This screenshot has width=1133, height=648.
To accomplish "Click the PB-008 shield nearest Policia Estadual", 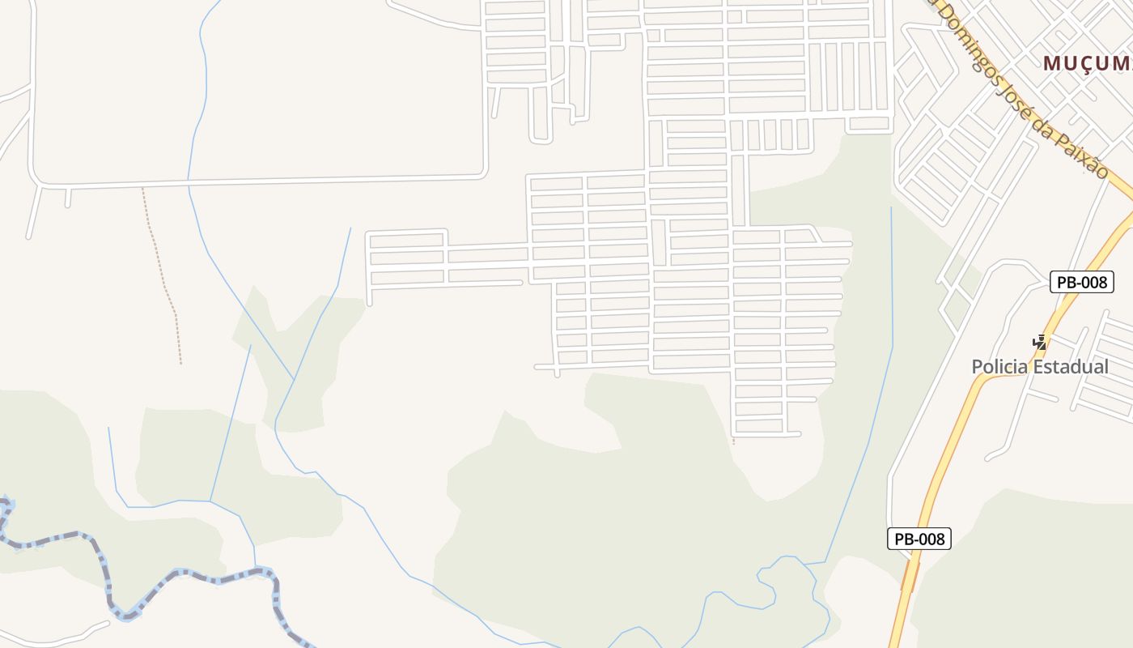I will click(1082, 282).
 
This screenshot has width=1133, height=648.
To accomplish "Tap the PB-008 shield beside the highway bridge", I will click(919, 539).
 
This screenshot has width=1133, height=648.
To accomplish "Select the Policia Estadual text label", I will click(1040, 367).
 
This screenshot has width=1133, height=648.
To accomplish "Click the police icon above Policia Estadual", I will click(1040, 343).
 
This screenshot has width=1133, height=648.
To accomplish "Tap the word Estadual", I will click(1068, 367).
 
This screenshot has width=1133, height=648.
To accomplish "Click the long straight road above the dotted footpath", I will click(259, 181).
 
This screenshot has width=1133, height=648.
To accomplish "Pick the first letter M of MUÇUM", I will click(1051, 63).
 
